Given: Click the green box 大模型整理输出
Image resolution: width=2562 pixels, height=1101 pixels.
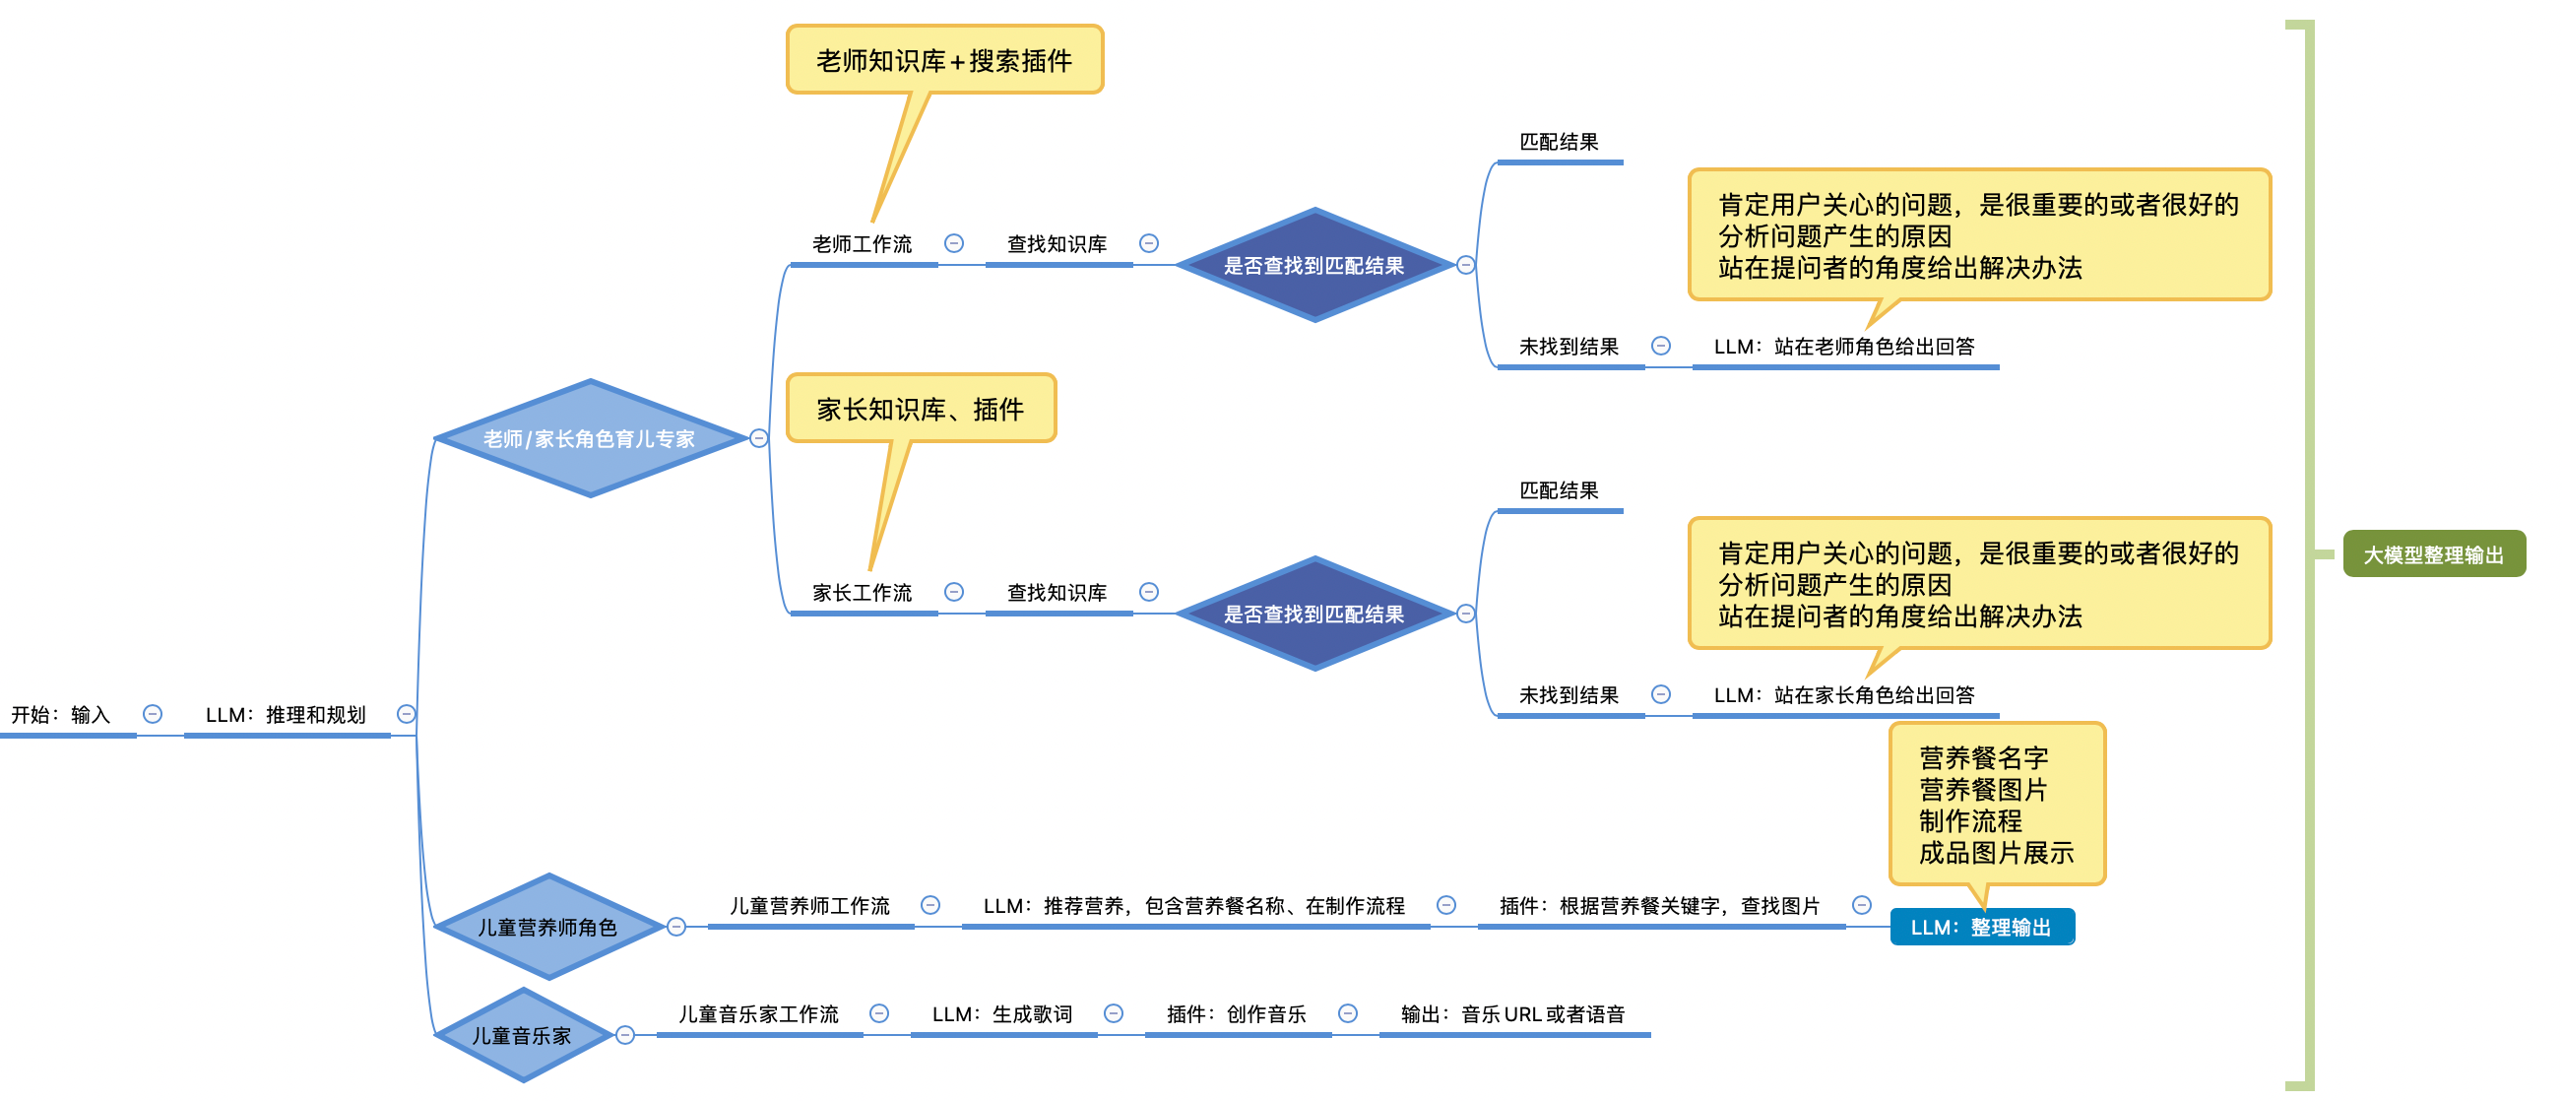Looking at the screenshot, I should click(2433, 554).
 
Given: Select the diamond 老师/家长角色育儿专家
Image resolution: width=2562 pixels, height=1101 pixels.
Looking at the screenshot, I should click(590, 438).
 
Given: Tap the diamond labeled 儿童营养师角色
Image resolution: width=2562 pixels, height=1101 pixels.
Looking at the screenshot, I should click(548, 927).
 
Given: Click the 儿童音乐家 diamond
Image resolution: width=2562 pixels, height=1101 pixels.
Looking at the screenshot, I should click(522, 1035).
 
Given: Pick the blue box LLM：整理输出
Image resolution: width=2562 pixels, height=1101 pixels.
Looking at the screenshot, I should click(1981, 927).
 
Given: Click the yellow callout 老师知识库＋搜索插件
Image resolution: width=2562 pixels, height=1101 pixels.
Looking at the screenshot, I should click(944, 61).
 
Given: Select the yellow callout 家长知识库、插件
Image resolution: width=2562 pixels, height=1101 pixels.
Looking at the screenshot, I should click(920, 409).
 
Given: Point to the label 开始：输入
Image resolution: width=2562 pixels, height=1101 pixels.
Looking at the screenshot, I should click(61, 715).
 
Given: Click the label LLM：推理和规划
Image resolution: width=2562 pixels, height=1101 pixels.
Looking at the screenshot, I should click(286, 715).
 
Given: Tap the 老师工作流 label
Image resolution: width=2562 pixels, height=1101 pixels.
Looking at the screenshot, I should click(862, 244).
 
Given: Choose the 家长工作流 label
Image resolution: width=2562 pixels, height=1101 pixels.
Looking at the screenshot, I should click(862, 593).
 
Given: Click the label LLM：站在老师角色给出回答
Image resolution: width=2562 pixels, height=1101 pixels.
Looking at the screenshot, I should click(1844, 347).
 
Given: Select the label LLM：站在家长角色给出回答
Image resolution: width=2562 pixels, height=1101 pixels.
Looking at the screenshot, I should click(1844, 695).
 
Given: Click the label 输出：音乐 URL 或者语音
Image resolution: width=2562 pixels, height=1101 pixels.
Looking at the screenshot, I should click(1512, 1014).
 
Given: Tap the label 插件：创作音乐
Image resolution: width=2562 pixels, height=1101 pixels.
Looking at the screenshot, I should click(1237, 1014).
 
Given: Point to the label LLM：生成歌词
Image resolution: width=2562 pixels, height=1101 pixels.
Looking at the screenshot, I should click(1001, 1014).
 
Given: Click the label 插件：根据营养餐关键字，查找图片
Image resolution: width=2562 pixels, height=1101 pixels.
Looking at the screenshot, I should click(1659, 906).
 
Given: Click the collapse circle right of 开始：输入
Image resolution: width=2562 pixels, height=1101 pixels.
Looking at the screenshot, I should click(153, 714).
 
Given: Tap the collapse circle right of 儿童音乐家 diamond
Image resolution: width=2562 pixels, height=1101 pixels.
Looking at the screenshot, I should click(624, 1035).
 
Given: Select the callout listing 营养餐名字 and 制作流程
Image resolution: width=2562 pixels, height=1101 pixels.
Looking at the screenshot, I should click(1996, 805).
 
